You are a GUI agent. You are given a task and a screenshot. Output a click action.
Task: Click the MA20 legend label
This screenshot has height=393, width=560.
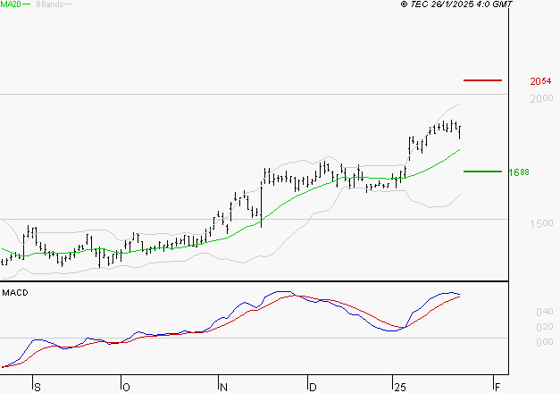[x=12, y=4]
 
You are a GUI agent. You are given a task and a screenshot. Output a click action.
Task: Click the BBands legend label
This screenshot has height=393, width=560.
[x=50, y=4]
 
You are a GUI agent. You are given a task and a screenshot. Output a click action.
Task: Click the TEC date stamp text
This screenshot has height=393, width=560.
[x=456, y=4]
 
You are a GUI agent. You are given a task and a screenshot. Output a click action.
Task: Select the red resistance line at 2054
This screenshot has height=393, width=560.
[x=483, y=80]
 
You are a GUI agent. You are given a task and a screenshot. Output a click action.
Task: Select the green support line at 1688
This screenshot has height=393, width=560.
[x=483, y=171]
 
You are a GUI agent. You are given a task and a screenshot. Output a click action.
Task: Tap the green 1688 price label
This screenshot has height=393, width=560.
[x=519, y=172]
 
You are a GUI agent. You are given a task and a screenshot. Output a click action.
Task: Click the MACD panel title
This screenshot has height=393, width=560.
[x=14, y=293]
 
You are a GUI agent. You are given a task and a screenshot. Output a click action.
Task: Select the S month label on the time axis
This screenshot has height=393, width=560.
[x=37, y=387]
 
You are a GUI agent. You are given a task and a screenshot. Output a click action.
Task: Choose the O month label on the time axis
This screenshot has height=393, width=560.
[x=126, y=387]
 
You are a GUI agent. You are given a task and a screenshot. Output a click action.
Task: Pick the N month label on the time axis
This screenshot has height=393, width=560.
[x=224, y=387]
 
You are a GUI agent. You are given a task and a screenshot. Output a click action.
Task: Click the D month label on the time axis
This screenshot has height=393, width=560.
[x=313, y=387]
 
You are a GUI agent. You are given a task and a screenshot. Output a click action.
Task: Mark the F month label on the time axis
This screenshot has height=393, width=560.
[x=497, y=387]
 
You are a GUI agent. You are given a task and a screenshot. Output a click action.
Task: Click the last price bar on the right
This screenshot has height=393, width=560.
[x=460, y=132]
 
